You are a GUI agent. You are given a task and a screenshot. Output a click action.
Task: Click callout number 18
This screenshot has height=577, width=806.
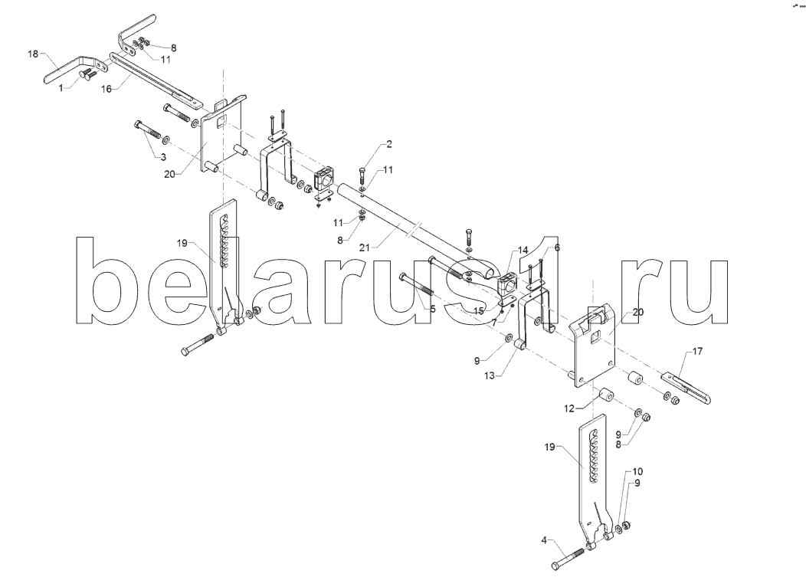pos(33,54)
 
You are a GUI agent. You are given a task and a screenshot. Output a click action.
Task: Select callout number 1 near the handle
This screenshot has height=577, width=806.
pos(61,88)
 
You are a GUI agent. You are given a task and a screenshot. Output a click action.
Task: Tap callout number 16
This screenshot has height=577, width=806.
pos(106,90)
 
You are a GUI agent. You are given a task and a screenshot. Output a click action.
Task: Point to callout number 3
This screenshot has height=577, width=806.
pos(163,157)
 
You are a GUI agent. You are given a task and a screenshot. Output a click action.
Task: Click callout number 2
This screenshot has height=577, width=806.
pos(389,144)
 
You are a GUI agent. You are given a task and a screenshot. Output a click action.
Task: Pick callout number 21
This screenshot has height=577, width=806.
pos(365,248)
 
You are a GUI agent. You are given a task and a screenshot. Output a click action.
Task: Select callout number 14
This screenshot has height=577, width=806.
pos(523,251)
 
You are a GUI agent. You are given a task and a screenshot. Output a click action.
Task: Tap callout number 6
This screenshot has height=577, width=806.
pos(557,248)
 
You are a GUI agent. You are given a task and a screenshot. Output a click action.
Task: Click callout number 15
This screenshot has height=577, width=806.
pos(479,311)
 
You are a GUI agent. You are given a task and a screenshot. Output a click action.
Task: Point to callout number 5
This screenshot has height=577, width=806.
pos(433,309)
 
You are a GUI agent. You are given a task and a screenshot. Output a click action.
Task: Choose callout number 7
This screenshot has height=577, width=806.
pos(494,323)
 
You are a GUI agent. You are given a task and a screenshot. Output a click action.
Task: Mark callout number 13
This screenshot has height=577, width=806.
pos(489,376)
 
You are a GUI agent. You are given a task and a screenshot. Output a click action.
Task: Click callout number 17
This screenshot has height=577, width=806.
pos(697,351)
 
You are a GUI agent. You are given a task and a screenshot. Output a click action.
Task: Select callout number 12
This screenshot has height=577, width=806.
pos(569,409)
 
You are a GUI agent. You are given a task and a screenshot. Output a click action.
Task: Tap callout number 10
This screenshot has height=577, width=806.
pos(637,471)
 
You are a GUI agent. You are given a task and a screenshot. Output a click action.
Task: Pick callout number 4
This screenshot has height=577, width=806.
pos(544,540)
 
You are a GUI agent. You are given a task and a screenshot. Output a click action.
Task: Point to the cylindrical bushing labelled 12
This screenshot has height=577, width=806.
pos(607,395)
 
